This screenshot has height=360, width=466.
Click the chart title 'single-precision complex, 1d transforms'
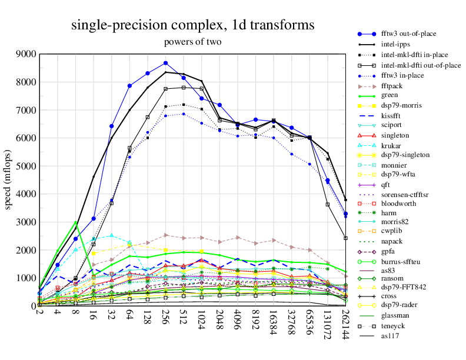[x=192, y=25]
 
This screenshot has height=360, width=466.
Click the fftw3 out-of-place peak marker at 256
[x=166, y=63]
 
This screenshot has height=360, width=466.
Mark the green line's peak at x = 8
[x=75, y=222]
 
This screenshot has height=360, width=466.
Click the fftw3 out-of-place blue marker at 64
[x=129, y=86]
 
